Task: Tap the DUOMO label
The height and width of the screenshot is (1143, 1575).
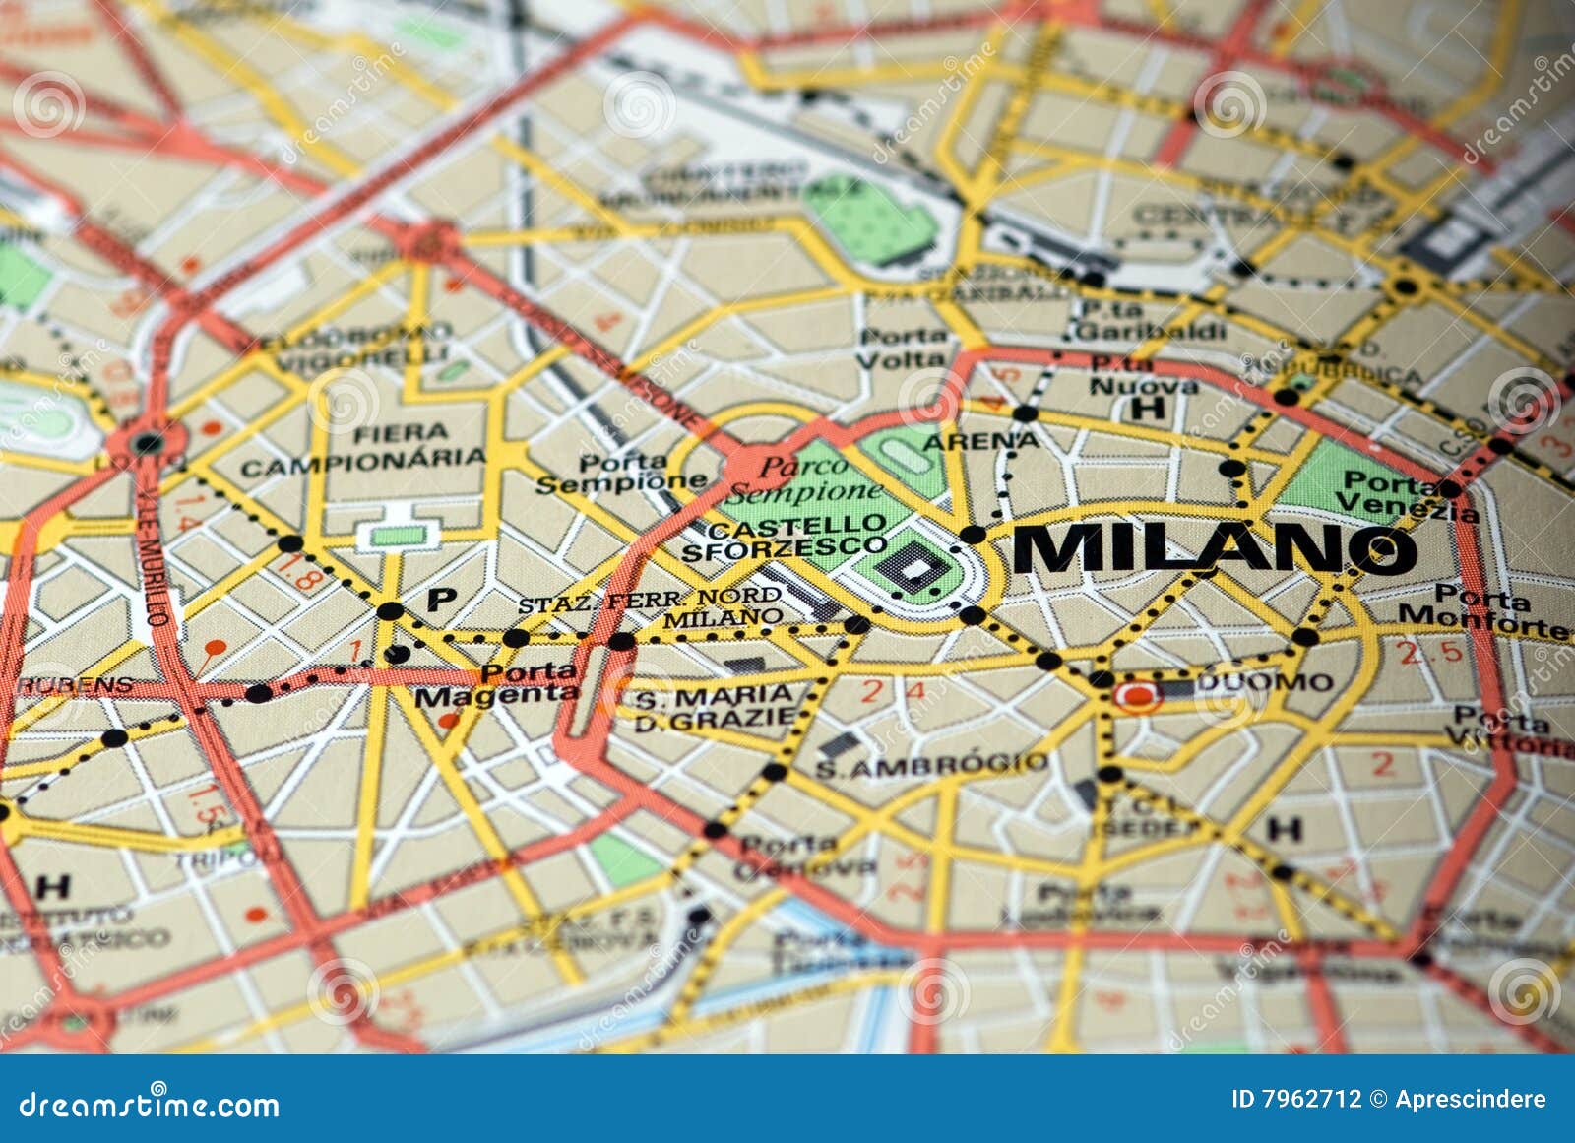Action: click(x=1265, y=682)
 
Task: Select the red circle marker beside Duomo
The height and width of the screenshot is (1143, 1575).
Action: click(x=1137, y=696)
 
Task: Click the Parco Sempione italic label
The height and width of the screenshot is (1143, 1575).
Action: click(x=804, y=478)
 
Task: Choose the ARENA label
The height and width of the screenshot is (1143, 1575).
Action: click(x=980, y=441)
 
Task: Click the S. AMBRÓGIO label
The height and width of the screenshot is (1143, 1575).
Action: click(x=931, y=765)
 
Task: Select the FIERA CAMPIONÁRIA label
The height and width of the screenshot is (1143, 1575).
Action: click(x=363, y=449)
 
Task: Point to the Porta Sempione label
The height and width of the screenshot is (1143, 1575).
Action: click(x=621, y=474)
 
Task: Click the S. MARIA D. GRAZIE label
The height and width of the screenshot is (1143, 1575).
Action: click(x=714, y=707)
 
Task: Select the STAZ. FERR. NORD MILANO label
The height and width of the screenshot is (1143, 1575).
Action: click(x=650, y=607)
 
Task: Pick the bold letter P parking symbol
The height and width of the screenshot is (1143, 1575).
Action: click(x=441, y=599)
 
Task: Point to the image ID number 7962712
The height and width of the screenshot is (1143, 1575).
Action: click(x=1296, y=1099)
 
